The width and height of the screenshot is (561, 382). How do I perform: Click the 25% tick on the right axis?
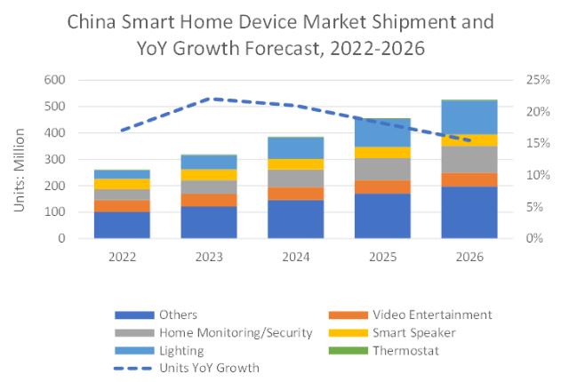pos(529,80)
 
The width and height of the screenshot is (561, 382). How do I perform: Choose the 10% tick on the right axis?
pos(529,175)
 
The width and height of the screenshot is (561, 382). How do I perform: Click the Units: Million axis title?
pos(20,160)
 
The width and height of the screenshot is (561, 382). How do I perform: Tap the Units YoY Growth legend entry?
pos(202,367)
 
